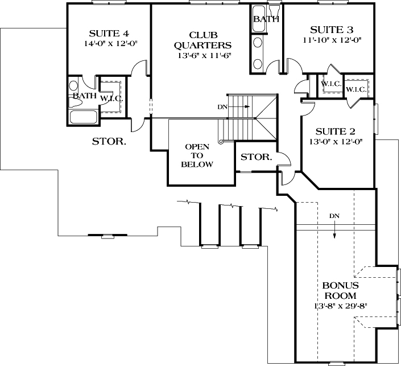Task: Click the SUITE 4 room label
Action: (108, 32)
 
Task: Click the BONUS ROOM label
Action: (340, 290)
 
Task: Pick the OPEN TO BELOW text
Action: (197, 155)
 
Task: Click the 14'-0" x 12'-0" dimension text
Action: (108, 43)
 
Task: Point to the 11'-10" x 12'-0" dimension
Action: (332, 40)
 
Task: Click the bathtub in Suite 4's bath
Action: (83, 117)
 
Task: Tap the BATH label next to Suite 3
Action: (266, 19)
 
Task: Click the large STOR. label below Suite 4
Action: (109, 141)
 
